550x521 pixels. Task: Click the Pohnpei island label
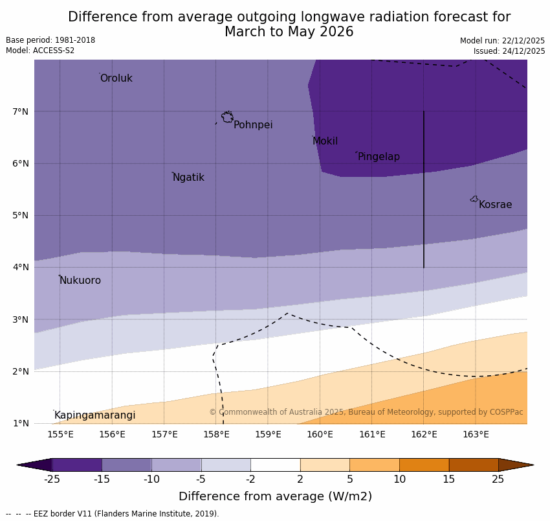253,125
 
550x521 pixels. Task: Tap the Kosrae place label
495,205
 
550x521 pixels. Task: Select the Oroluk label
116,78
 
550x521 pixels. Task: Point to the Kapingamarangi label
94,415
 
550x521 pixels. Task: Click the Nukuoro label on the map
80,281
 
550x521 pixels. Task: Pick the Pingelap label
379,157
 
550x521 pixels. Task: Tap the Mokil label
325,141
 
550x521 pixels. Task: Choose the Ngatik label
188,178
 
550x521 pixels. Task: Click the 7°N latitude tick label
21,111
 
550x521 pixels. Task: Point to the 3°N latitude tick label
21,319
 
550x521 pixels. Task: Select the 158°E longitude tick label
216,434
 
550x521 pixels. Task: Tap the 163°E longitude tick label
476,434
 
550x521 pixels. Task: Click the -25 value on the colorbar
52,480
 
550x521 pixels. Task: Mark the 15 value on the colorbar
449,480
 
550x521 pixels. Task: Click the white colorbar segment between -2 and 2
275,465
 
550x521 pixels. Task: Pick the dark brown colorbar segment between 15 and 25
474,465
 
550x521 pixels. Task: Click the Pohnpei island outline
227,117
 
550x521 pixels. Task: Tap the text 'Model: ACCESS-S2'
40,51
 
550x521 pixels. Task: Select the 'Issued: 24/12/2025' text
509,51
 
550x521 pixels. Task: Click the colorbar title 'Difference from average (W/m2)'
275,497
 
